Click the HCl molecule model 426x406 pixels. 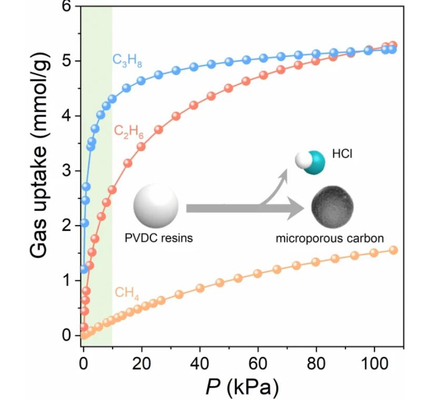point(310,162)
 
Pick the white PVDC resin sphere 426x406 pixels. point(156,208)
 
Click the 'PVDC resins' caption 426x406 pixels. point(159,238)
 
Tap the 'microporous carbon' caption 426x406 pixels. point(330,238)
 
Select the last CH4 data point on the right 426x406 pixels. point(393,250)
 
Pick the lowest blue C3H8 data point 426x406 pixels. point(84,270)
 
